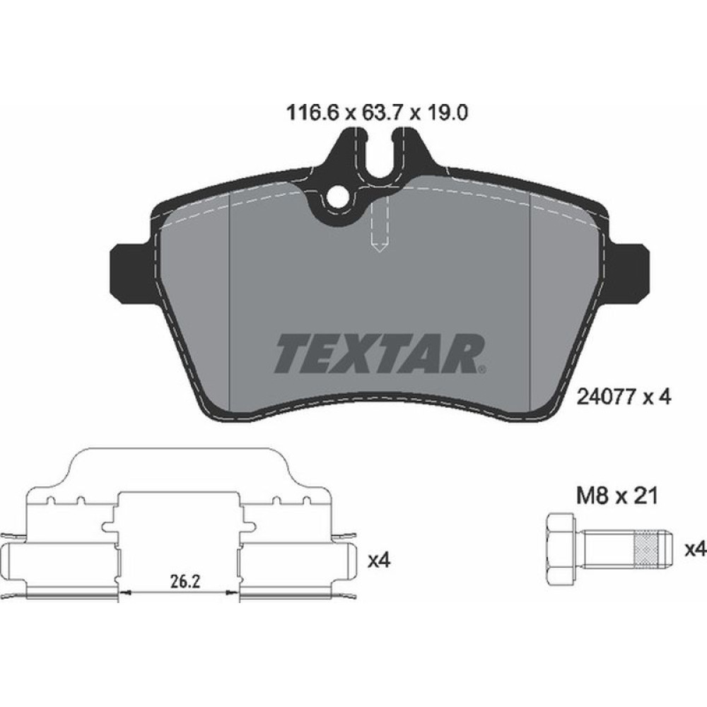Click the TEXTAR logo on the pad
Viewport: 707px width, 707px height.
click(378, 353)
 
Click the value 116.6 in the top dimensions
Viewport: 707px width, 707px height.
click(309, 112)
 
